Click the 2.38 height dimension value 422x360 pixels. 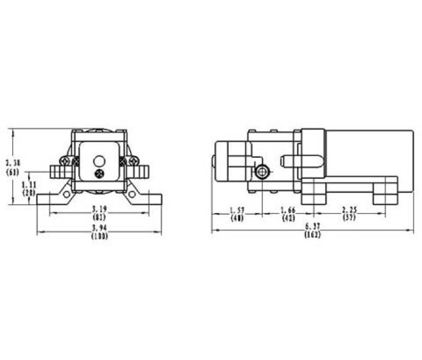click(13, 163)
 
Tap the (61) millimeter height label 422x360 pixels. click(13, 172)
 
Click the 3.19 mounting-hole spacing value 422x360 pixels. click(99, 208)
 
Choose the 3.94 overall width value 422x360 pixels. click(99, 229)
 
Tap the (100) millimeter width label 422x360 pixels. click(99, 236)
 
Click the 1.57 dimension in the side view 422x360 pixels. click(237, 209)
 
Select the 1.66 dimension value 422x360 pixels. click(289, 209)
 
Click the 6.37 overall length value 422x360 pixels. click(312, 226)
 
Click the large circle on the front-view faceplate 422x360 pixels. click(99, 161)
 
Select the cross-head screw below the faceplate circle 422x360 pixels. click(100, 173)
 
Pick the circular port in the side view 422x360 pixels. click(262, 172)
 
